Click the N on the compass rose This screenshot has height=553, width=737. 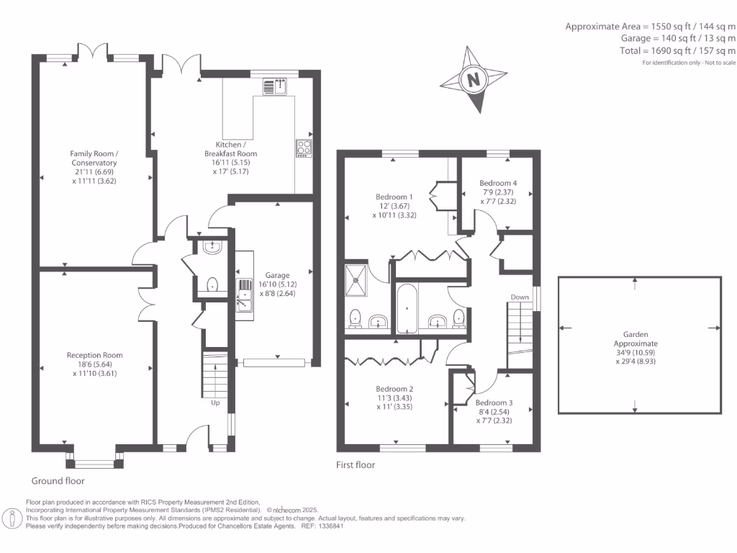[474, 79]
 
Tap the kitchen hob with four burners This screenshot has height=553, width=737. [304, 148]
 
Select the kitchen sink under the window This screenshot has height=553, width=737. [274, 86]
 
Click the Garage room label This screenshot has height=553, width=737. [277, 275]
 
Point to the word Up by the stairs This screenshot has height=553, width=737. [215, 403]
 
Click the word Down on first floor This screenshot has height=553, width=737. [520, 297]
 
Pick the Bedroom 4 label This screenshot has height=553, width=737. [498, 183]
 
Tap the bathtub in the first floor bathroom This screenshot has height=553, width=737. [407, 308]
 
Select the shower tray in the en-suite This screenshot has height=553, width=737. [356, 281]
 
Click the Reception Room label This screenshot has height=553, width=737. [94, 355]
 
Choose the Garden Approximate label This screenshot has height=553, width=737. [636, 338]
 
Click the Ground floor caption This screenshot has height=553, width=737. [58, 480]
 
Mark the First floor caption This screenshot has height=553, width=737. [356, 464]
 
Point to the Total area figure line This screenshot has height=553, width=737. [678, 51]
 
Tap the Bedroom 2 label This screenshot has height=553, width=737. [395, 389]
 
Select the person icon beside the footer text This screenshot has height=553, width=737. [12, 518]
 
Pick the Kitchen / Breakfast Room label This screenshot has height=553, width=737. [231, 149]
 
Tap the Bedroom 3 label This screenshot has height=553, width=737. [494, 403]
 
